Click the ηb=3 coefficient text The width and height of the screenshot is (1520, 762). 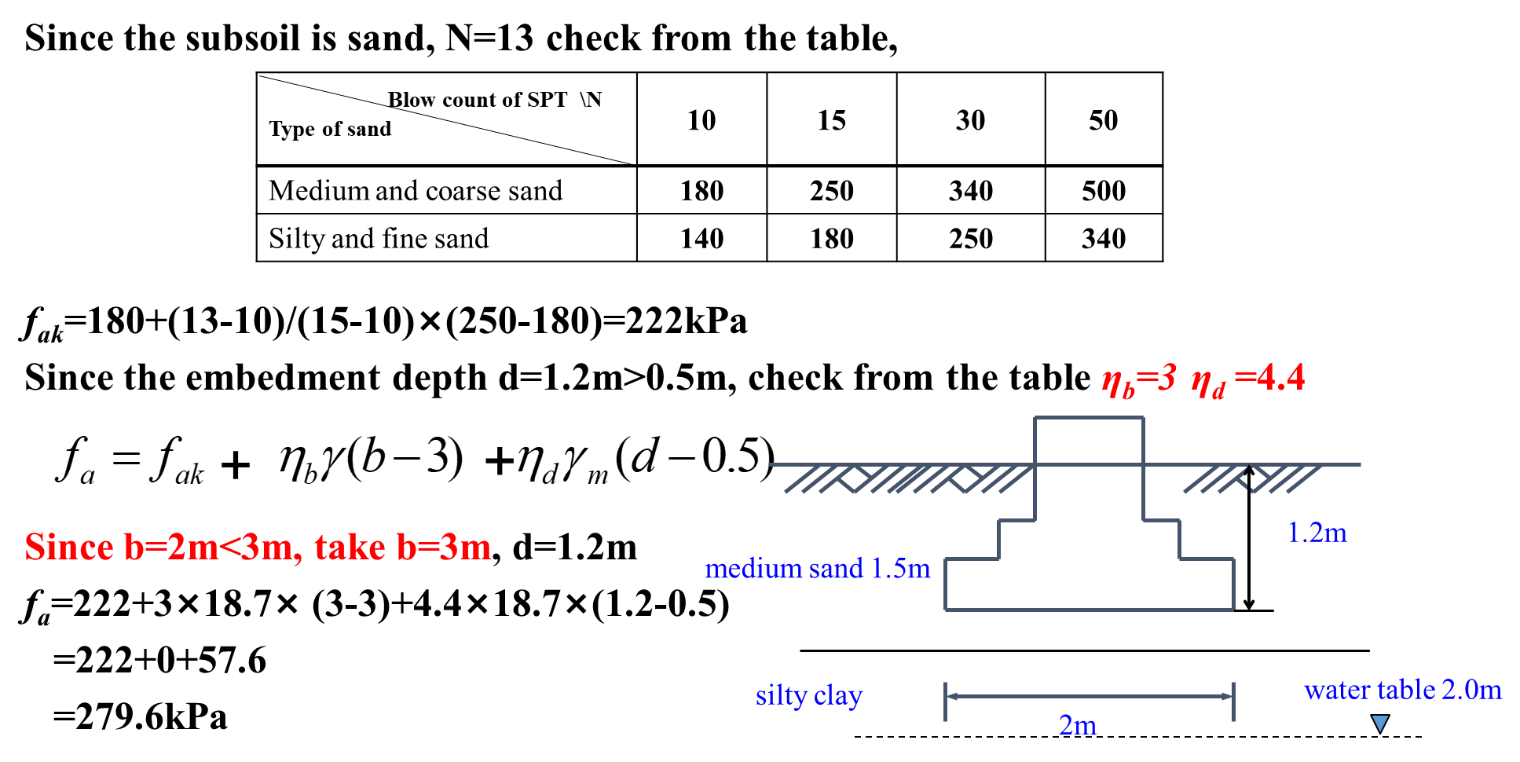click(1138, 380)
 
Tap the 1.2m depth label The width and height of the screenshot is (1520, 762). click(1317, 533)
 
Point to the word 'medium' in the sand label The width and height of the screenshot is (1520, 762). click(743, 568)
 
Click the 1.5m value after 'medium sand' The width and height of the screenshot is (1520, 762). click(900, 568)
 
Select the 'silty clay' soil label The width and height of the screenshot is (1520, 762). click(808, 696)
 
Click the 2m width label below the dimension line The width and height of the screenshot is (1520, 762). click(1077, 725)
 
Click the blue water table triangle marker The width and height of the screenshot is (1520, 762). click(1380, 723)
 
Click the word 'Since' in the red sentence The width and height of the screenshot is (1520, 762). click(68, 547)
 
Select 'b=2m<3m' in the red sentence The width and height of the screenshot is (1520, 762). click(212, 547)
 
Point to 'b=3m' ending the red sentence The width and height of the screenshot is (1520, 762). click(444, 547)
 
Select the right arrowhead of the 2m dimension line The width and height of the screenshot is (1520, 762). click(1227, 696)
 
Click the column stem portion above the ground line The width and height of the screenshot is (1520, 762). click(1089, 441)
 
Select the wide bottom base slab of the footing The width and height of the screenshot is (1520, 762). click(1089, 584)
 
